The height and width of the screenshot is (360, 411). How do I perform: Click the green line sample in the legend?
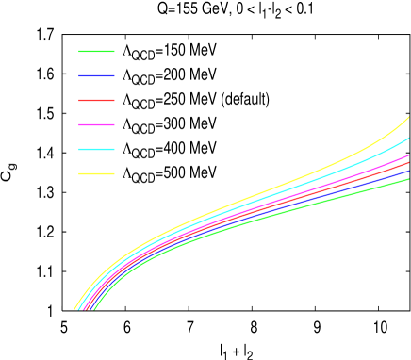pyautogui.click(x=96, y=51)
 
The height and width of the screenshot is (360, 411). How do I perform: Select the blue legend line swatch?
pyautogui.click(x=96, y=75)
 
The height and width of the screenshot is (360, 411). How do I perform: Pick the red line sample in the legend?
pyautogui.click(x=96, y=100)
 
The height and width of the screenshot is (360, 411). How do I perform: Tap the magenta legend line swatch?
pyautogui.click(x=96, y=124)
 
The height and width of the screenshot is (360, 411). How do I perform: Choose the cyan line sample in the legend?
pyautogui.click(x=96, y=149)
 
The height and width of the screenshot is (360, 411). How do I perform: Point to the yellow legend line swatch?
pyautogui.click(x=96, y=173)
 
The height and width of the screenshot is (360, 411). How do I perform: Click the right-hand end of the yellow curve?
pyautogui.click(x=408, y=118)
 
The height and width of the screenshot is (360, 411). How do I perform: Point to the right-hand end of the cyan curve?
pyautogui.click(x=408, y=139)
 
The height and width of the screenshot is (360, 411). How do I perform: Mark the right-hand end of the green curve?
pyautogui.click(x=408, y=179)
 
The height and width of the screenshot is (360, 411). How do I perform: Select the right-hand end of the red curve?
pyautogui.click(x=408, y=163)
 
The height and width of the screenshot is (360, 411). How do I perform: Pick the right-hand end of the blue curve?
pyautogui.click(x=408, y=172)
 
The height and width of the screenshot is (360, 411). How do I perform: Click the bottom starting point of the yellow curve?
pyautogui.click(x=74, y=308)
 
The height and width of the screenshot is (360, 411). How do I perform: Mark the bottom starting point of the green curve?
pyautogui.click(x=94, y=308)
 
